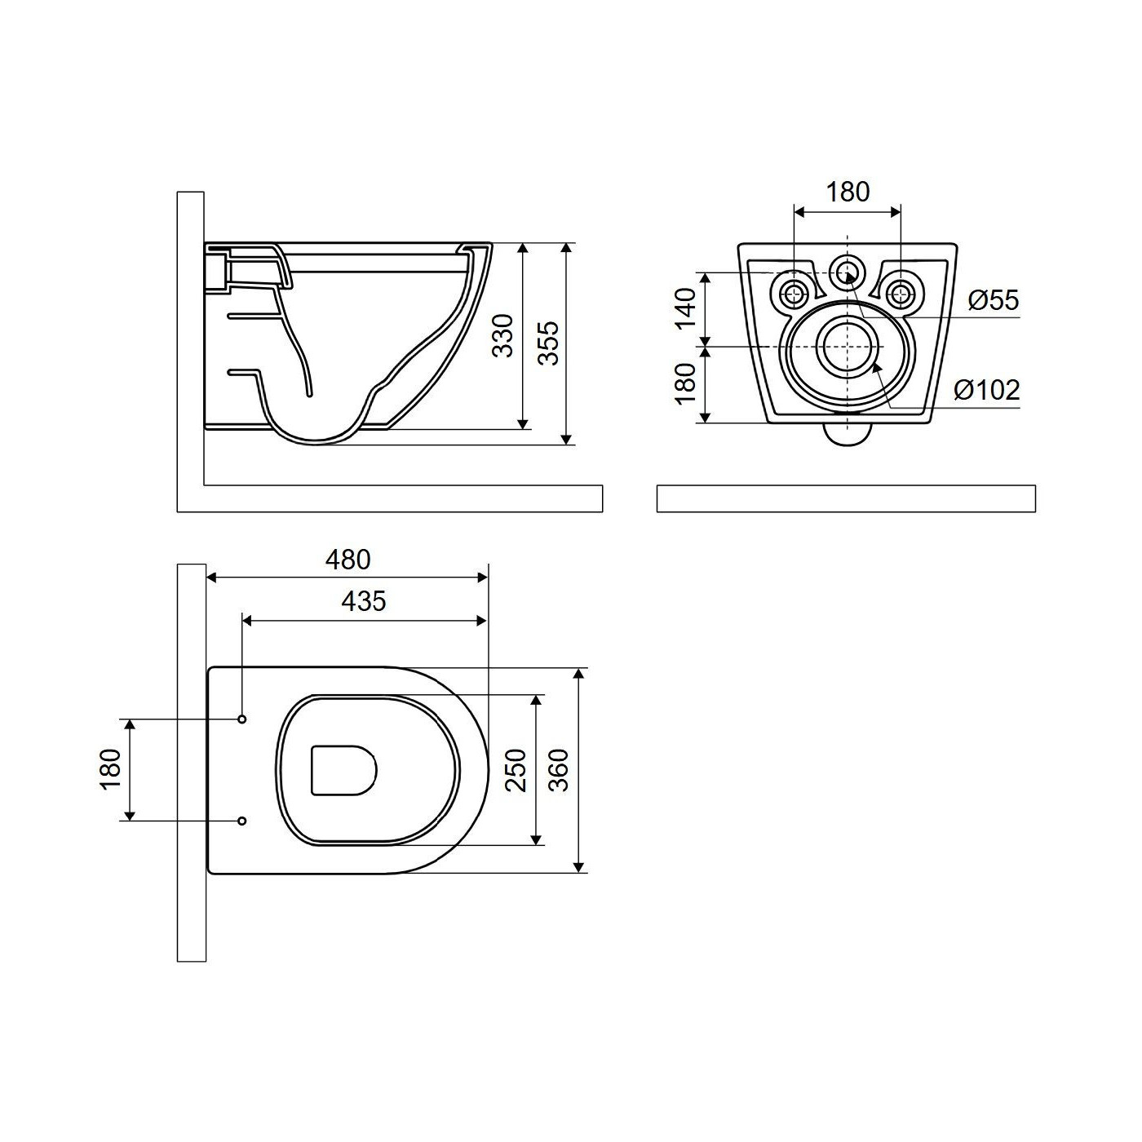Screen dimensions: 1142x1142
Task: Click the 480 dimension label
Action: pyautogui.click(x=347, y=560)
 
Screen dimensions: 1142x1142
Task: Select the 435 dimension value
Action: pyautogui.click(x=364, y=601)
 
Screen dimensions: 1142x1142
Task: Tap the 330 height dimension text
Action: pyautogui.click(x=504, y=335)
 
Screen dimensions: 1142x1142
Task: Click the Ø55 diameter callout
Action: pyautogui.click(x=994, y=300)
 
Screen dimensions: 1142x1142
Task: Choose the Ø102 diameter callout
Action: pyautogui.click(x=987, y=390)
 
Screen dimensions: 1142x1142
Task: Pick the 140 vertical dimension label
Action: pyautogui.click(x=685, y=309)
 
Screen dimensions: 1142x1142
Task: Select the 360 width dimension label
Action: pyautogui.click(x=559, y=770)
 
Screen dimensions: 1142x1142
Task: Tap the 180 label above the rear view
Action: pyautogui.click(x=848, y=192)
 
